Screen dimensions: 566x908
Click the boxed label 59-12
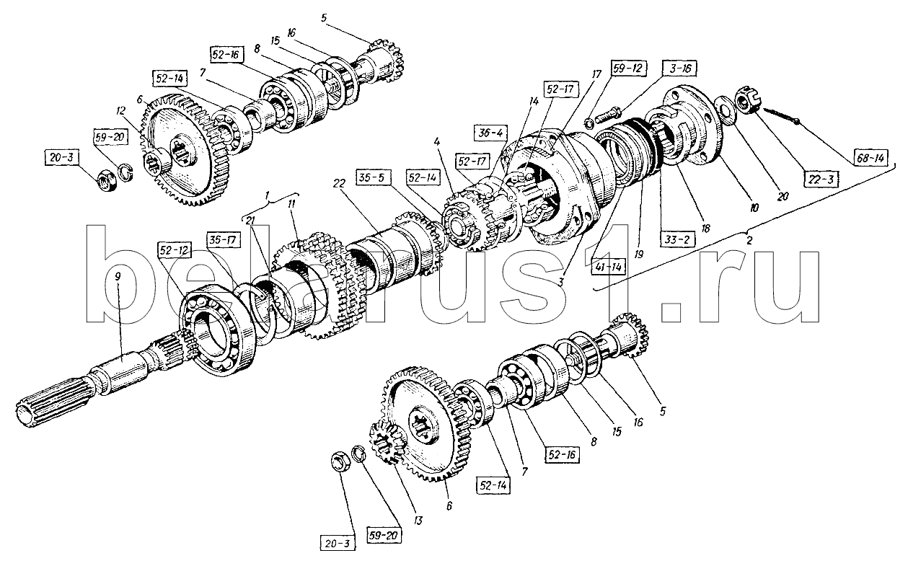click(x=625, y=70)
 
